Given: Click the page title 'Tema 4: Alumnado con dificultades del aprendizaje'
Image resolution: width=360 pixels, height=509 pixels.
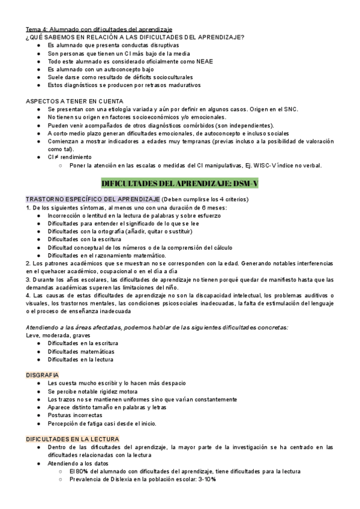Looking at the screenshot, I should click(x=99, y=29).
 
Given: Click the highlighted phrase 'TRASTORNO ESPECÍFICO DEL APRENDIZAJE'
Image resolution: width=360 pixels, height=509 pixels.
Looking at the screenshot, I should click(x=92, y=199).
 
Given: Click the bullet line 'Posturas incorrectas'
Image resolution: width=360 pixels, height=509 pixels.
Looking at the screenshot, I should click(x=75, y=415).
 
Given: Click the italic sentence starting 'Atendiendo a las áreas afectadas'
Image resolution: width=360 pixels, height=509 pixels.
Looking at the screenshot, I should click(x=156, y=327).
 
